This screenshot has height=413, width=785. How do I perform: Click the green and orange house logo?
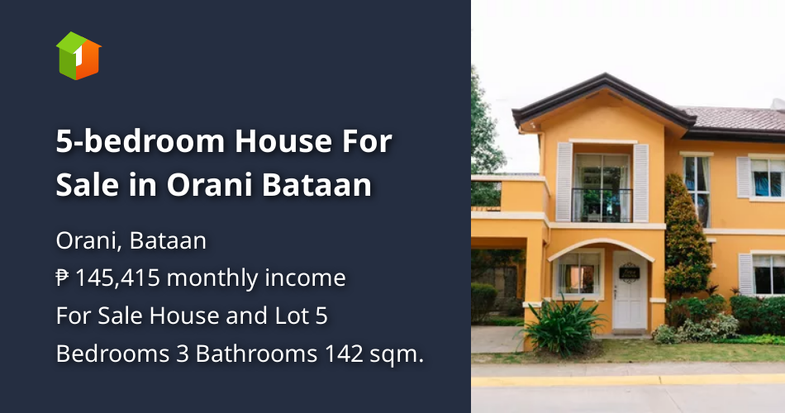click(x=78, y=55)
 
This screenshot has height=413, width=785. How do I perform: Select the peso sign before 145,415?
click(x=63, y=278)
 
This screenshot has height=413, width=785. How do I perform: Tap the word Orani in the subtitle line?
click(x=81, y=241)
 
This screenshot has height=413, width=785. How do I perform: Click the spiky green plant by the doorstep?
click(x=564, y=326)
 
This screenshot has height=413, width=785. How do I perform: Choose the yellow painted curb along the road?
click(x=628, y=381)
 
